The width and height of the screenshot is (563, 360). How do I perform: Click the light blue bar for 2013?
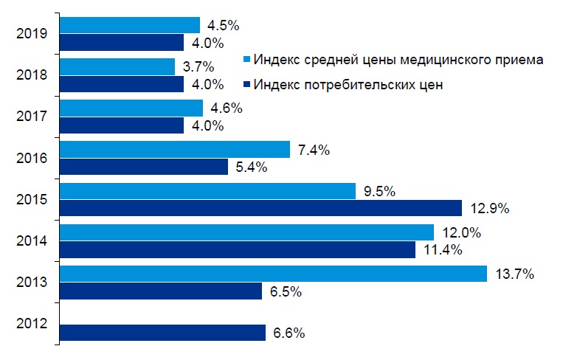pos(273,274)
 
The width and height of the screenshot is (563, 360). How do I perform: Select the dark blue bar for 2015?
pos(260,208)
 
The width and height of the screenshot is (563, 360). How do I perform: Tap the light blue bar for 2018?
pos(117,66)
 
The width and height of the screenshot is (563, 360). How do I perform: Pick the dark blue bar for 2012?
pos(162,333)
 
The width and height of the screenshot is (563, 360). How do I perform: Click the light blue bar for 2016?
pos(174,150)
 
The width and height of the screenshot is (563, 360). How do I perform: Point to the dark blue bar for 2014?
pos(238,250)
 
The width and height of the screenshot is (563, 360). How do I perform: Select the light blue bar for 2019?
pos(129,25)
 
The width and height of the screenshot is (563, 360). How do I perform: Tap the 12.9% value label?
pos(491,208)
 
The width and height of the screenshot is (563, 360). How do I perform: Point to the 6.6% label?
pos(289,333)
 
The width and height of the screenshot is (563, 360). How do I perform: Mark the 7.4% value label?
pos(314,150)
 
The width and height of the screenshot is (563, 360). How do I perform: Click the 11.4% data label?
pos(443,250)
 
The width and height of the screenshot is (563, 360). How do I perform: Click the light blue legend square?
pos(248,60)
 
